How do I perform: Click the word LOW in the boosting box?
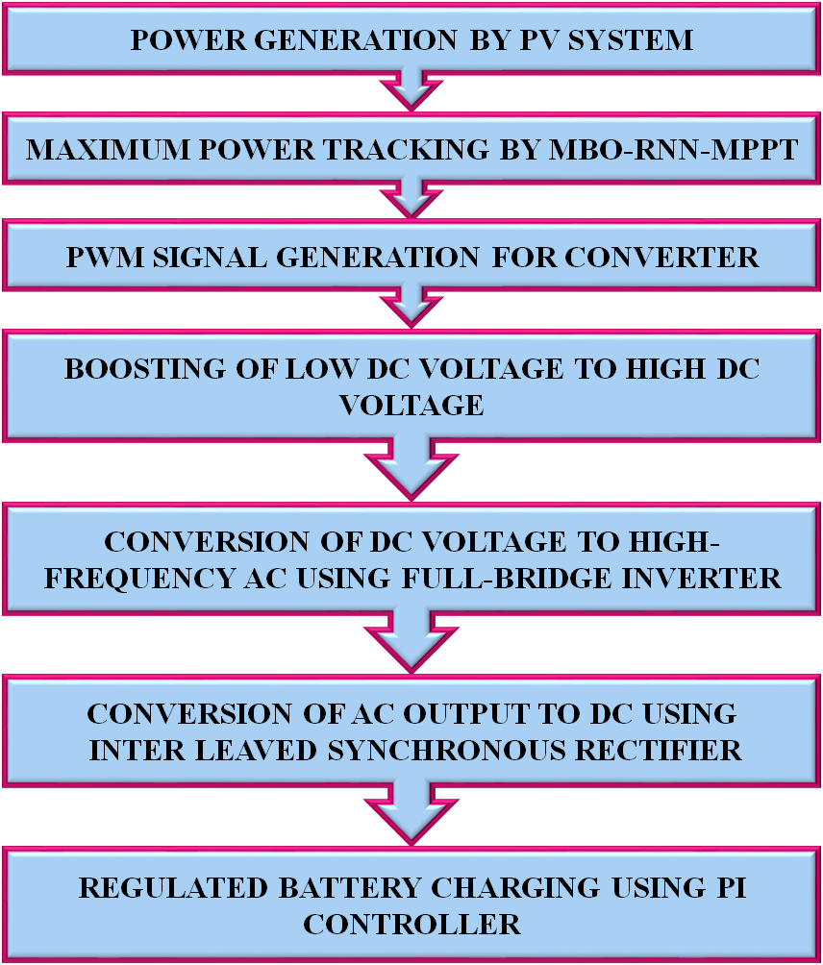click(335, 370)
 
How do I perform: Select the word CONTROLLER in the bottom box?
click(411, 925)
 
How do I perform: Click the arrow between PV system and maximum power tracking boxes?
click(411, 92)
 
